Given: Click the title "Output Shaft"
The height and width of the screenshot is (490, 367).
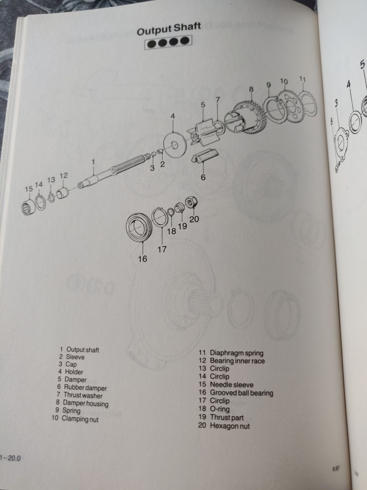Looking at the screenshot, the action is click(169, 29).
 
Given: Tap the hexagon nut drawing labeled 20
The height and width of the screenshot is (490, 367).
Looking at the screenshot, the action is click(191, 202).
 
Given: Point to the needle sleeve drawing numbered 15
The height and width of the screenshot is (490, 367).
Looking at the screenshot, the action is click(29, 207).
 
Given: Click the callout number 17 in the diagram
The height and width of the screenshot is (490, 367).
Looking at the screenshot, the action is click(162, 249).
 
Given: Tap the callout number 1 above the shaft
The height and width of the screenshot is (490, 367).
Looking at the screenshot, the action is click(94, 162).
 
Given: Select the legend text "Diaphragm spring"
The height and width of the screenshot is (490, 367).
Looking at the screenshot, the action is click(237, 353).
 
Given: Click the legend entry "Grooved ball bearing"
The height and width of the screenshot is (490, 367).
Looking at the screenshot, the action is click(242, 392).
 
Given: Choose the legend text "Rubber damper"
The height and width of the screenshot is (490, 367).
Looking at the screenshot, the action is click(85, 387).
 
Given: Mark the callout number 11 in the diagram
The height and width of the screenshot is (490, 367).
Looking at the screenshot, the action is click(302, 79).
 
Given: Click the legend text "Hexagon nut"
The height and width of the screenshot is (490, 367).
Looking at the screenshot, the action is click(230, 426).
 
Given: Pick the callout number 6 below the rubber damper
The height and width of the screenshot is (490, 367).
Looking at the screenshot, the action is click(203, 177).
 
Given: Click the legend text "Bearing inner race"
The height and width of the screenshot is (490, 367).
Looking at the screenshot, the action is click(237, 361).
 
